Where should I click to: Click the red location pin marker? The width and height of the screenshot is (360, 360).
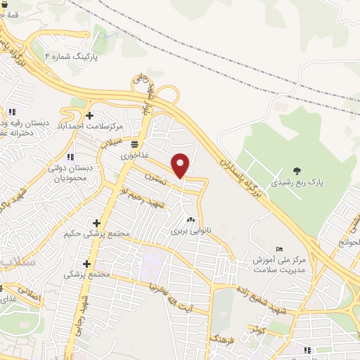[181, 165]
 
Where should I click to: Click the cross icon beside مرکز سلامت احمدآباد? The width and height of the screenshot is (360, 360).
[89, 115]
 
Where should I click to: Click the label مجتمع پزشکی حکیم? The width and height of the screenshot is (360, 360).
[97, 234]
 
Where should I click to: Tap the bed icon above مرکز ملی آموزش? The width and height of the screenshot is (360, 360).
[280, 249]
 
